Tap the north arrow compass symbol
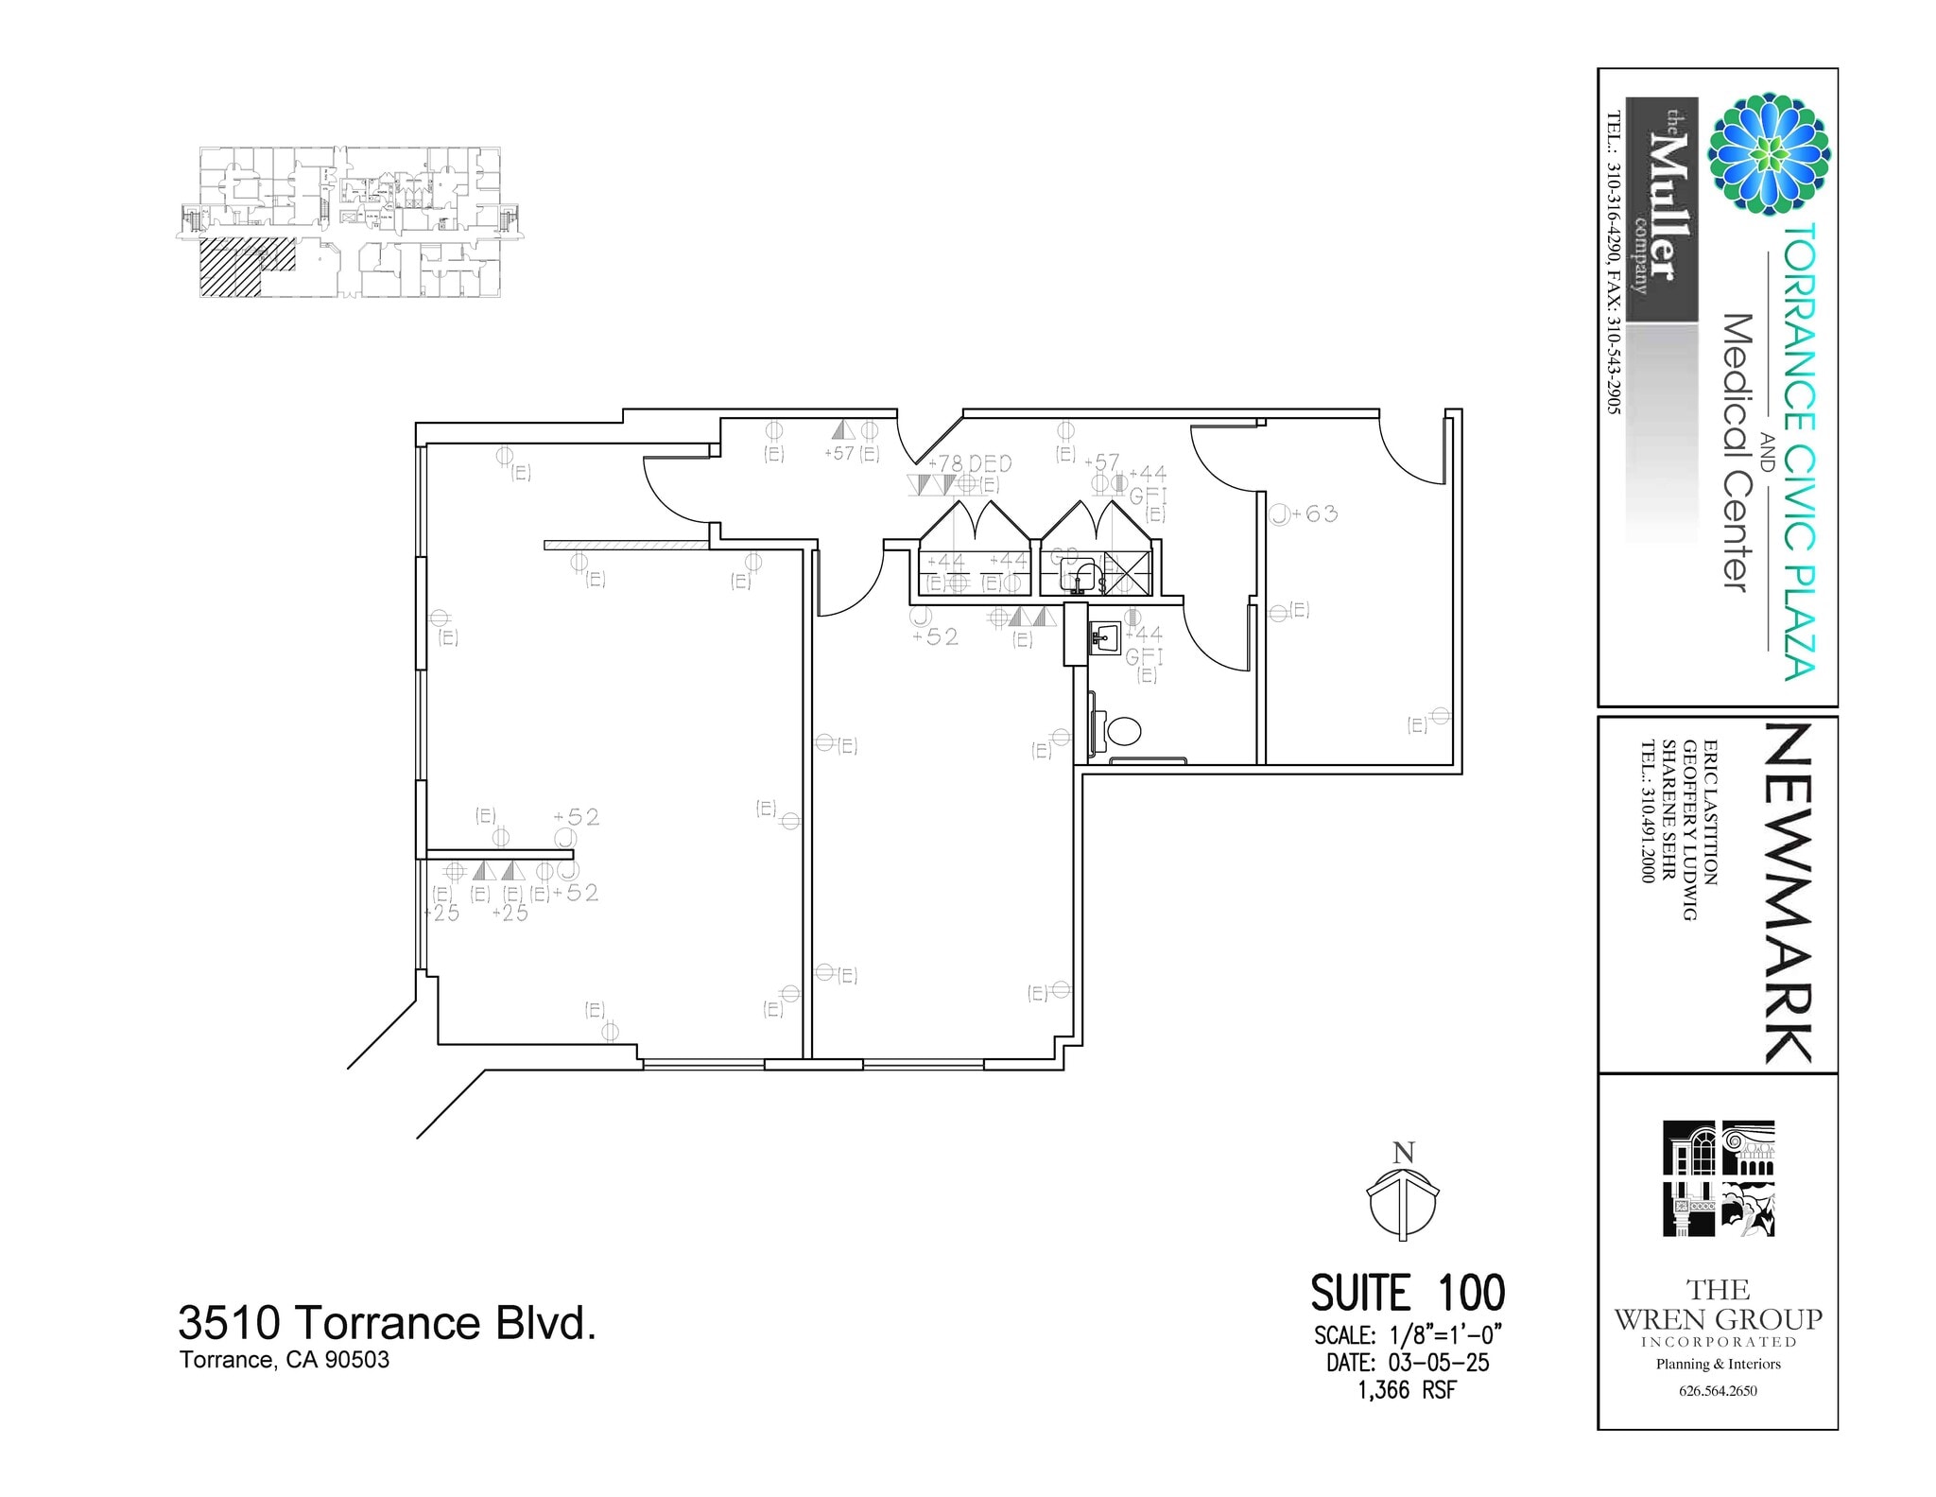(x=1404, y=1203)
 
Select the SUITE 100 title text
(x=1408, y=1293)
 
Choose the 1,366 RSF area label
(x=1408, y=1390)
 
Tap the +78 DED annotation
(x=970, y=463)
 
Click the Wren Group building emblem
(x=1719, y=1178)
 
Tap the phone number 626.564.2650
(x=1718, y=1390)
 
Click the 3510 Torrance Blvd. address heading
(x=387, y=1323)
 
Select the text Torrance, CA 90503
(x=285, y=1360)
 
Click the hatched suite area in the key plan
(x=230, y=268)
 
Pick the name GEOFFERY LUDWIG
(x=1689, y=830)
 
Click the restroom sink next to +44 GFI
(x=1103, y=638)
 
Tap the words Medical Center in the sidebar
(x=1737, y=453)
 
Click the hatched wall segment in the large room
(x=626, y=545)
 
